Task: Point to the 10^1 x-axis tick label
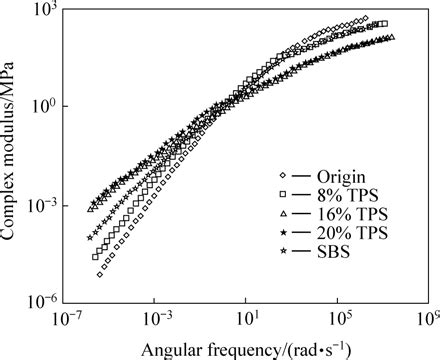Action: (247, 318)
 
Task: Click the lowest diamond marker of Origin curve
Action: (100, 274)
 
